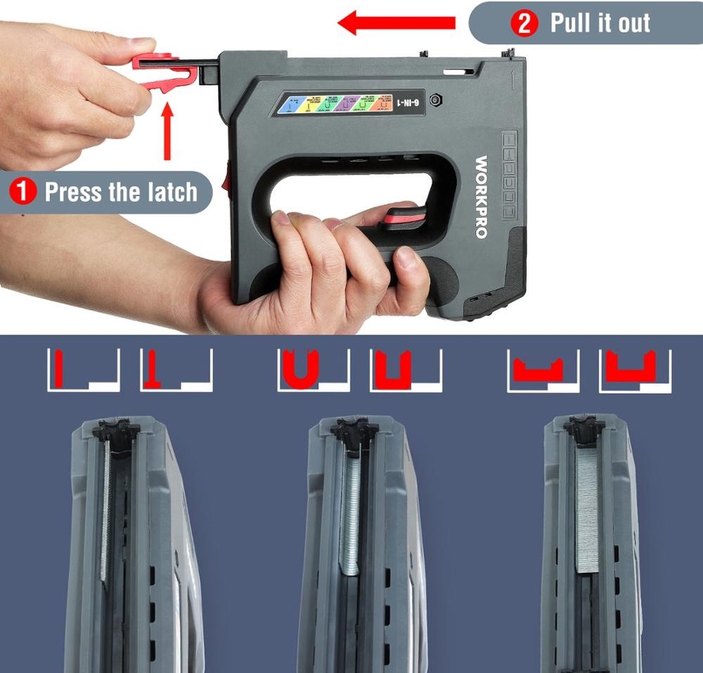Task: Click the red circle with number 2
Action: pos(524,23)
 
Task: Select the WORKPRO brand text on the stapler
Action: pos(481,196)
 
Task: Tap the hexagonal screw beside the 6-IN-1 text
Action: pos(435,100)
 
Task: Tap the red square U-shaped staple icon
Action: pos(393,370)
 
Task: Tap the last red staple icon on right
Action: pos(630,367)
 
